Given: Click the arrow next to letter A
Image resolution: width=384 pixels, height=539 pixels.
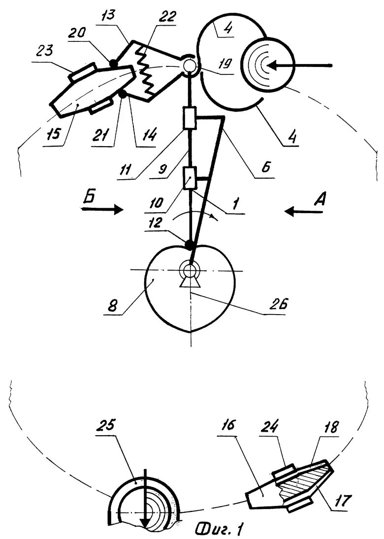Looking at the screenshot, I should point(304,211).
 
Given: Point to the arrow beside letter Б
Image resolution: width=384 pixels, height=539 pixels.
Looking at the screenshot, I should point(102,209).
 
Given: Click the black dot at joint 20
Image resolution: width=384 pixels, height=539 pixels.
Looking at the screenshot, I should point(113,63).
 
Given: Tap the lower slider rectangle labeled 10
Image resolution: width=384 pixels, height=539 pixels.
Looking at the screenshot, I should point(189,178).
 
